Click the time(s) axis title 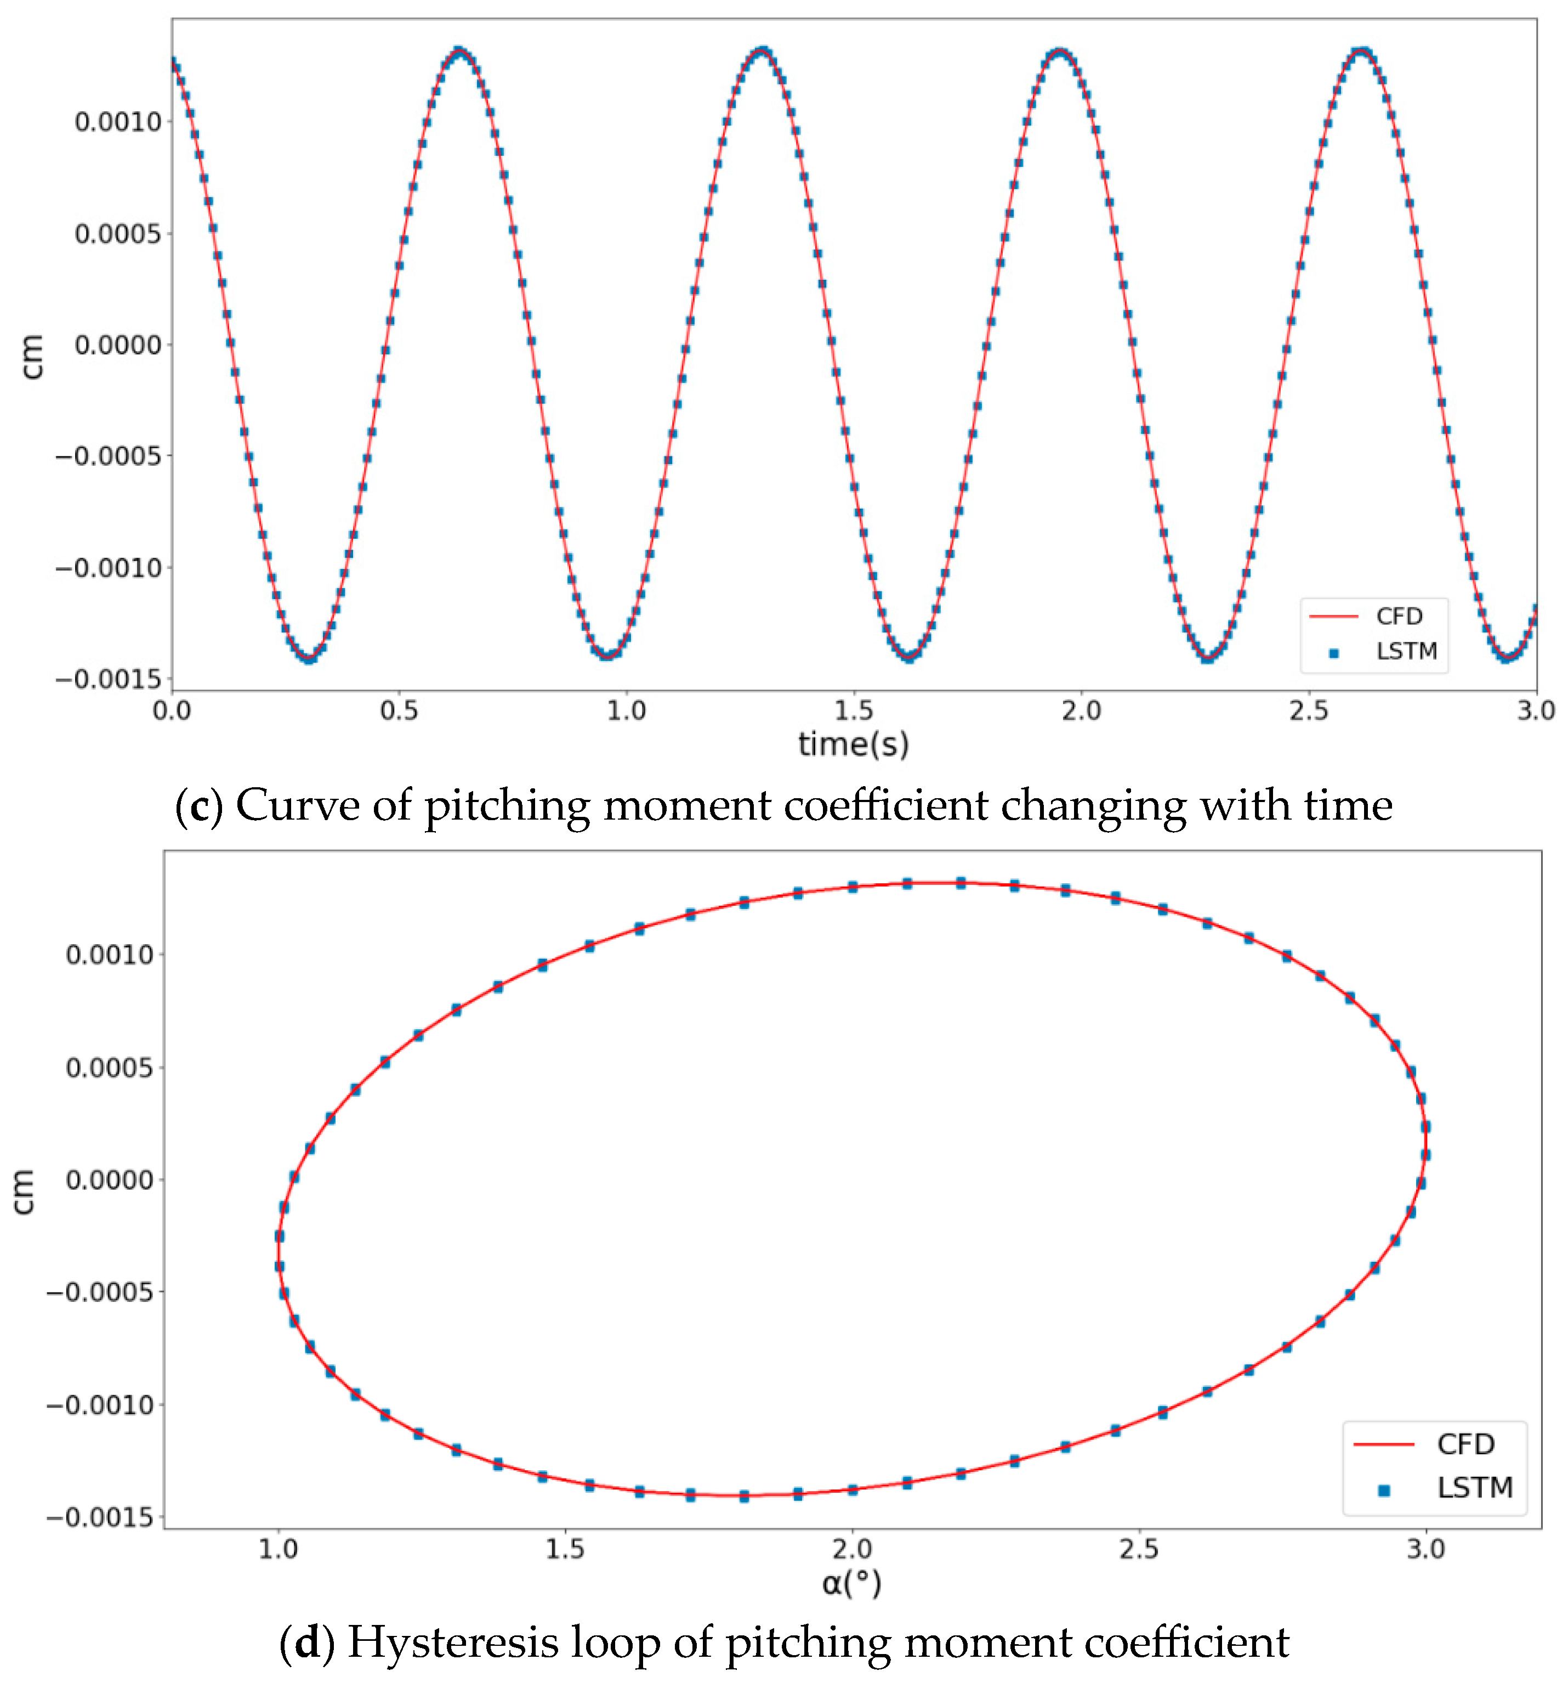853,744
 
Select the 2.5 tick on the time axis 1308,710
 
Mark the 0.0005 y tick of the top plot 117,234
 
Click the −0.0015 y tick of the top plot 108,679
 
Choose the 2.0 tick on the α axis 851,1549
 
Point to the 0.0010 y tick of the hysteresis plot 110,955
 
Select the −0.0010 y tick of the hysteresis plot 100,1404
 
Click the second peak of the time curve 762,52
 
